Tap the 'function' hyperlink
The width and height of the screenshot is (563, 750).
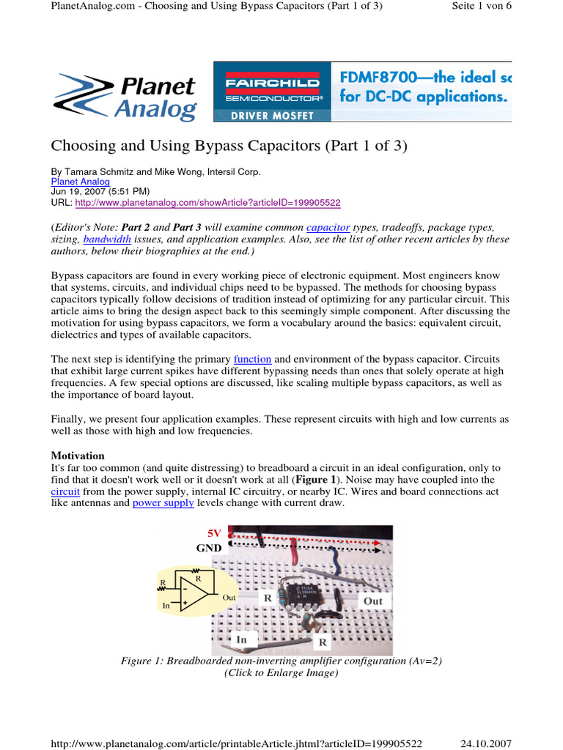pyautogui.click(x=252, y=359)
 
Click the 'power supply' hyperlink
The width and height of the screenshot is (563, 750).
pyautogui.click(x=163, y=503)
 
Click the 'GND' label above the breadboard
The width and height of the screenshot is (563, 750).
pyautogui.click(x=208, y=547)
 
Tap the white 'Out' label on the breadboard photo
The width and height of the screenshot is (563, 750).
pyautogui.click(x=372, y=601)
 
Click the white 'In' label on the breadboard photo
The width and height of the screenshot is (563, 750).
pyautogui.click(x=242, y=639)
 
